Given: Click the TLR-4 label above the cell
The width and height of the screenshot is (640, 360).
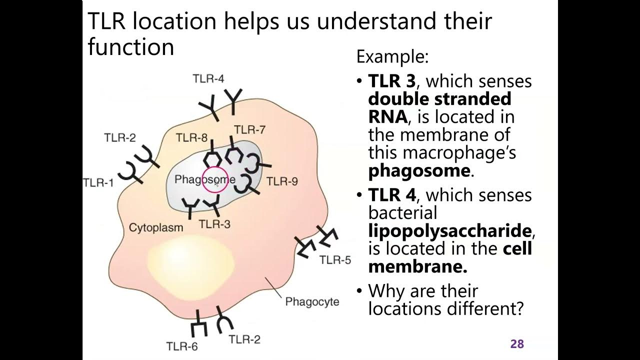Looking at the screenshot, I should (208, 78).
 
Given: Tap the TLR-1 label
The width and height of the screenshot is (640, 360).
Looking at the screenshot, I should (98, 182).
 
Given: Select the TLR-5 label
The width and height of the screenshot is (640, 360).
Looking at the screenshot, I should (335, 260).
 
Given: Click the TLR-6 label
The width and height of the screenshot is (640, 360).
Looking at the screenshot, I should (182, 345).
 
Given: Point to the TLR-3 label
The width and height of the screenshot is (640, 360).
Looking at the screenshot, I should (214, 224).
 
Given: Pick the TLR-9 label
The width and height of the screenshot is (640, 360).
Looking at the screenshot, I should (282, 181).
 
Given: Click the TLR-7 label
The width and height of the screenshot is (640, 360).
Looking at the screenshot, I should (249, 130).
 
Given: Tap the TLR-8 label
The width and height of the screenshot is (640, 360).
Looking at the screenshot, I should (191, 138).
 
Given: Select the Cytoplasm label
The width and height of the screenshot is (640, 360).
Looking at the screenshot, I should (156, 227).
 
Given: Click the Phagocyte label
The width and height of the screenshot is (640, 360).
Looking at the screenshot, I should (312, 302).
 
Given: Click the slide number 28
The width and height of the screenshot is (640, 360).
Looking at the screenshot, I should (516, 344).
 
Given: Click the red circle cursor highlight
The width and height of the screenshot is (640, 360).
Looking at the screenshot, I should (215, 180).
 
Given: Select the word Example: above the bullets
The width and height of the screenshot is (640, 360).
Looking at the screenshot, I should (392, 57).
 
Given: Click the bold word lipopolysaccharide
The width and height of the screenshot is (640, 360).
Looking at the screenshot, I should (450, 230).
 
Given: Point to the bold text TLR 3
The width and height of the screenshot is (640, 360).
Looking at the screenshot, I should (391, 81).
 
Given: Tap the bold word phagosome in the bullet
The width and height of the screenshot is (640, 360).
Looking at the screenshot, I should (419, 170).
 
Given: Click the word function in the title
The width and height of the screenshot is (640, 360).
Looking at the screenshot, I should (130, 47).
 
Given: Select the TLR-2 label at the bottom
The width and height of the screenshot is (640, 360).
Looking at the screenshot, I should (244, 340).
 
